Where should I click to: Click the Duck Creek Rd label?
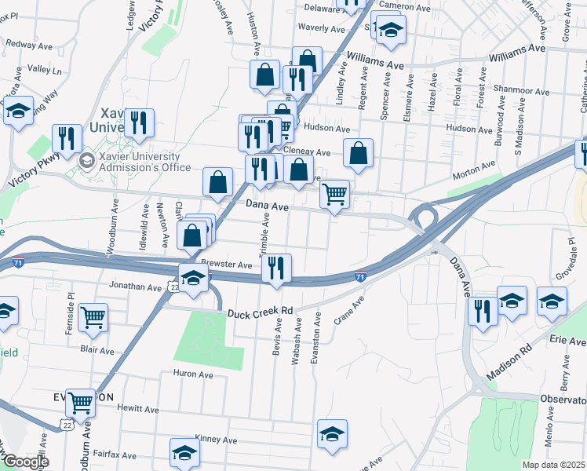click(x=260, y=313)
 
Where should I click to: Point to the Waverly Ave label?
click(x=322, y=29)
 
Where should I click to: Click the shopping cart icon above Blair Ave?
click(x=93, y=317)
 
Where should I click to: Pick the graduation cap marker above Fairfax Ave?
click(x=184, y=452)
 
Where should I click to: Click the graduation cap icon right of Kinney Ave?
click(x=332, y=433)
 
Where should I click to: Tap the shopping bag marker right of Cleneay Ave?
click(x=358, y=155)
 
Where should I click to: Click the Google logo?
click(x=26, y=462)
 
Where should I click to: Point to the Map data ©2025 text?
click(x=553, y=465)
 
